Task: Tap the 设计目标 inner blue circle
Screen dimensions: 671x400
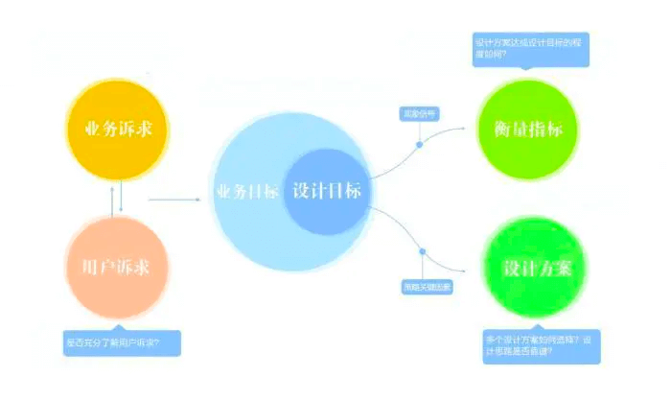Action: click(326, 191)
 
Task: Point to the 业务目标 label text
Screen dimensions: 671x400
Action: click(248, 191)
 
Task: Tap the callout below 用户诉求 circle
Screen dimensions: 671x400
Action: click(121, 341)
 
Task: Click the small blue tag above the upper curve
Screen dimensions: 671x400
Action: click(418, 114)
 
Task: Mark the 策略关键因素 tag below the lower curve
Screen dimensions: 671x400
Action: click(426, 287)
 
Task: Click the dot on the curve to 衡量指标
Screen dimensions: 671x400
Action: click(420, 145)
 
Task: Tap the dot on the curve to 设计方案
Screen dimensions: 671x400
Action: click(422, 252)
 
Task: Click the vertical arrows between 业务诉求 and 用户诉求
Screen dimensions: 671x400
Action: click(116, 198)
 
